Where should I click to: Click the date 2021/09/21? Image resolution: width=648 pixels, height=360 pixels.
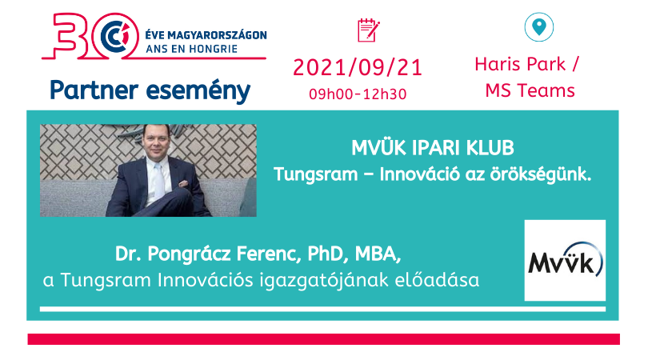point(358,68)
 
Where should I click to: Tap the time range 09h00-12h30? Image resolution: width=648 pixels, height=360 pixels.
point(358,94)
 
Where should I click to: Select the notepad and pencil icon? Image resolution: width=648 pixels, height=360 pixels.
point(368,30)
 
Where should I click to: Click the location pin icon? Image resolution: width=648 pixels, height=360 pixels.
point(539,27)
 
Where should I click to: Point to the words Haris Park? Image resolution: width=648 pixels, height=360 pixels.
point(519,65)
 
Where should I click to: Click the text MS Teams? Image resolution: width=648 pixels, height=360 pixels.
point(530,90)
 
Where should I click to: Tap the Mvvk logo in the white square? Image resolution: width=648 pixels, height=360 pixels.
point(565,260)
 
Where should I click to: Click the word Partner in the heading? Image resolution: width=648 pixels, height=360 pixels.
point(94,90)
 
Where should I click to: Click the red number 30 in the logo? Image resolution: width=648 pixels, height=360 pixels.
point(89,36)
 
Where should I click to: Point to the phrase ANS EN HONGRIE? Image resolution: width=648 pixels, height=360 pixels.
point(192,49)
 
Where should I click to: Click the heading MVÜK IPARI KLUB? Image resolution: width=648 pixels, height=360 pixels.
point(433,147)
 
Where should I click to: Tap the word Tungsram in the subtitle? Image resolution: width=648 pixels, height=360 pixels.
point(316,174)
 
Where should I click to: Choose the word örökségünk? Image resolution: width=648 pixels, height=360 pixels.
point(541,174)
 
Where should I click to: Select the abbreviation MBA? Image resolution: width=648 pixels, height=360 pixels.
point(378,254)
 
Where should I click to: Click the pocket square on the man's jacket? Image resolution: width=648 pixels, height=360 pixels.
point(183,183)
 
